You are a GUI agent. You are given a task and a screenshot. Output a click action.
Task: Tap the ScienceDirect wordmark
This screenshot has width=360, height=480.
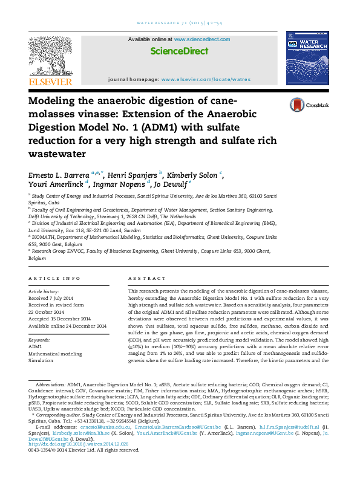point(179,51)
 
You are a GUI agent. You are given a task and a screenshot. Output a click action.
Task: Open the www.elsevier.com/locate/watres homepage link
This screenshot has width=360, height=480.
point(206,80)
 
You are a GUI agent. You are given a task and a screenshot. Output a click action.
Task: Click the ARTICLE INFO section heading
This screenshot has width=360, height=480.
point(54,278)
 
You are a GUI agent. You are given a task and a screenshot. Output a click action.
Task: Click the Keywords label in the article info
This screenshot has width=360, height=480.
point(39,340)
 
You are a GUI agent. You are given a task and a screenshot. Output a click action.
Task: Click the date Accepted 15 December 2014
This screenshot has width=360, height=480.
point(60,319)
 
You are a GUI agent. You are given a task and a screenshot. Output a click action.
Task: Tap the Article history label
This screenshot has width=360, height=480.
point(44,291)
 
